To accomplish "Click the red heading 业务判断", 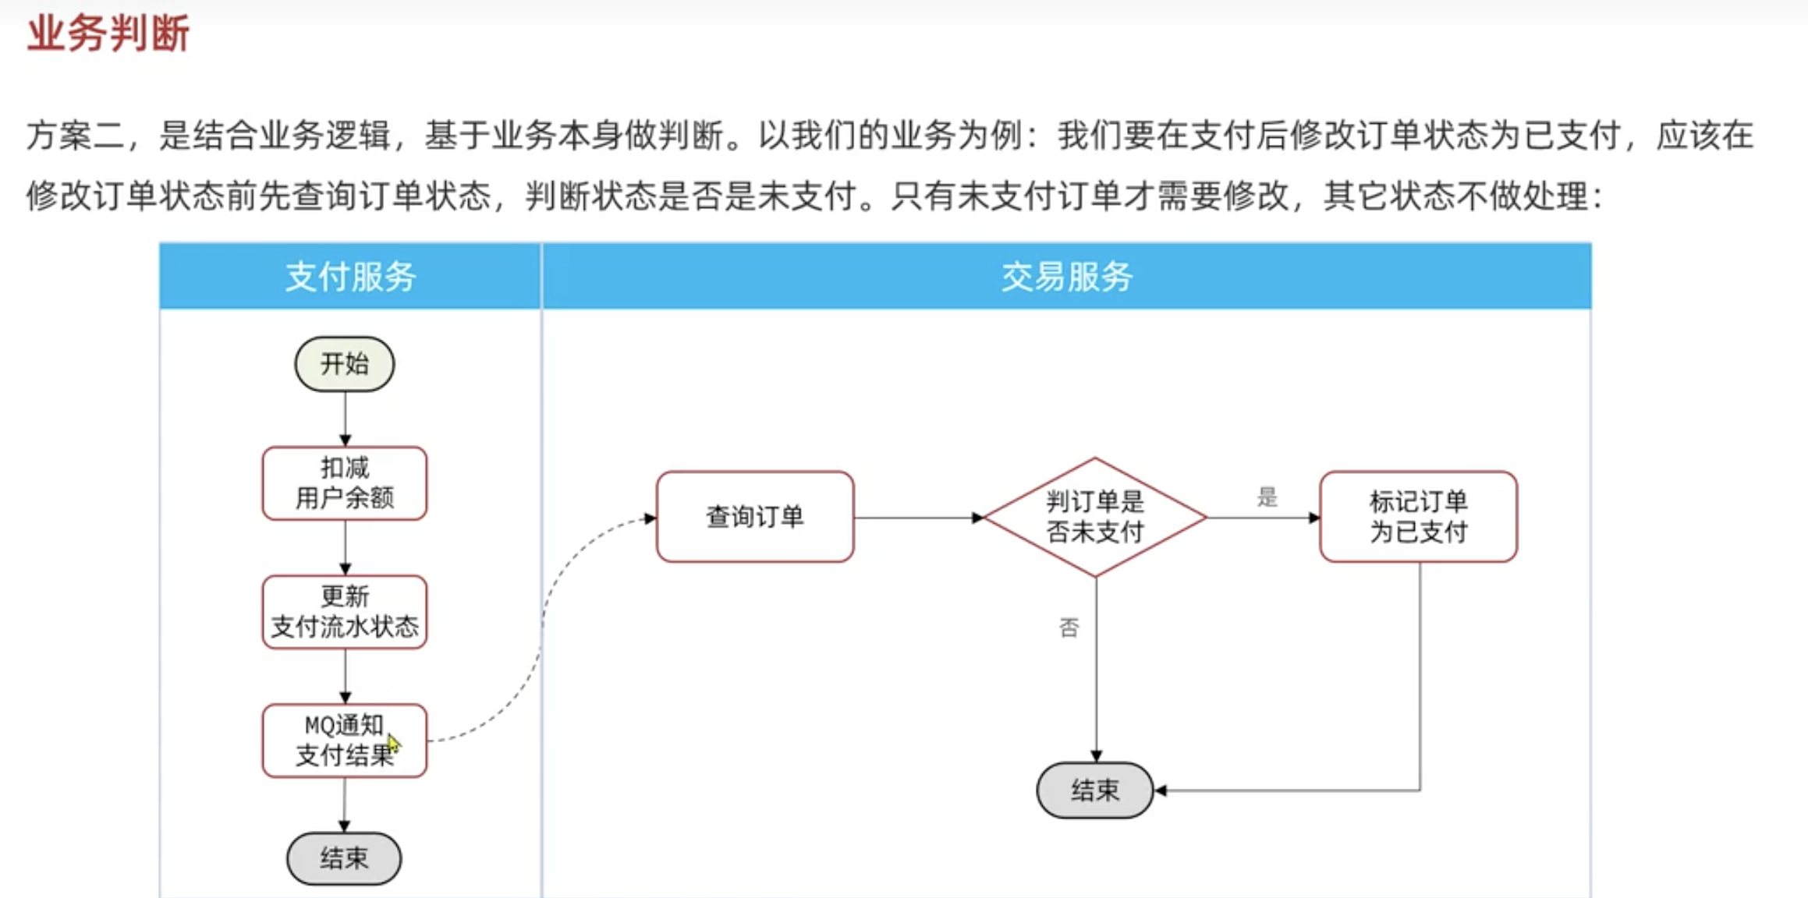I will (x=108, y=34).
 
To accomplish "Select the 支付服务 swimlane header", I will (x=350, y=277).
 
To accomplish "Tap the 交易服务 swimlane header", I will (x=1066, y=277).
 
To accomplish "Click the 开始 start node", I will (x=345, y=364).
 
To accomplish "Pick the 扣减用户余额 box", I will (x=345, y=483).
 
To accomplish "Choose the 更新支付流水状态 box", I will (x=345, y=612).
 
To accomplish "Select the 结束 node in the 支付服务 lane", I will (x=344, y=858).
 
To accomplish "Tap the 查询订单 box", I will (x=755, y=517).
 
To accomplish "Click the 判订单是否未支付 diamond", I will (x=1095, y=517).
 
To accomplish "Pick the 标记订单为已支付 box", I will (x=1418, y=517).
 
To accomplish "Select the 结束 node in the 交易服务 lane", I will (x=1095, y=790).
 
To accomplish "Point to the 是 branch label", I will (x=1267, y=497).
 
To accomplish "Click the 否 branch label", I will (x=1069, y=628).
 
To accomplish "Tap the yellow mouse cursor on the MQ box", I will (x=393, y=744).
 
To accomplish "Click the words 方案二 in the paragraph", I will (x=75, y=136).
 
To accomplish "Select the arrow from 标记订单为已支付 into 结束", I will (x=1420, y=702).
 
